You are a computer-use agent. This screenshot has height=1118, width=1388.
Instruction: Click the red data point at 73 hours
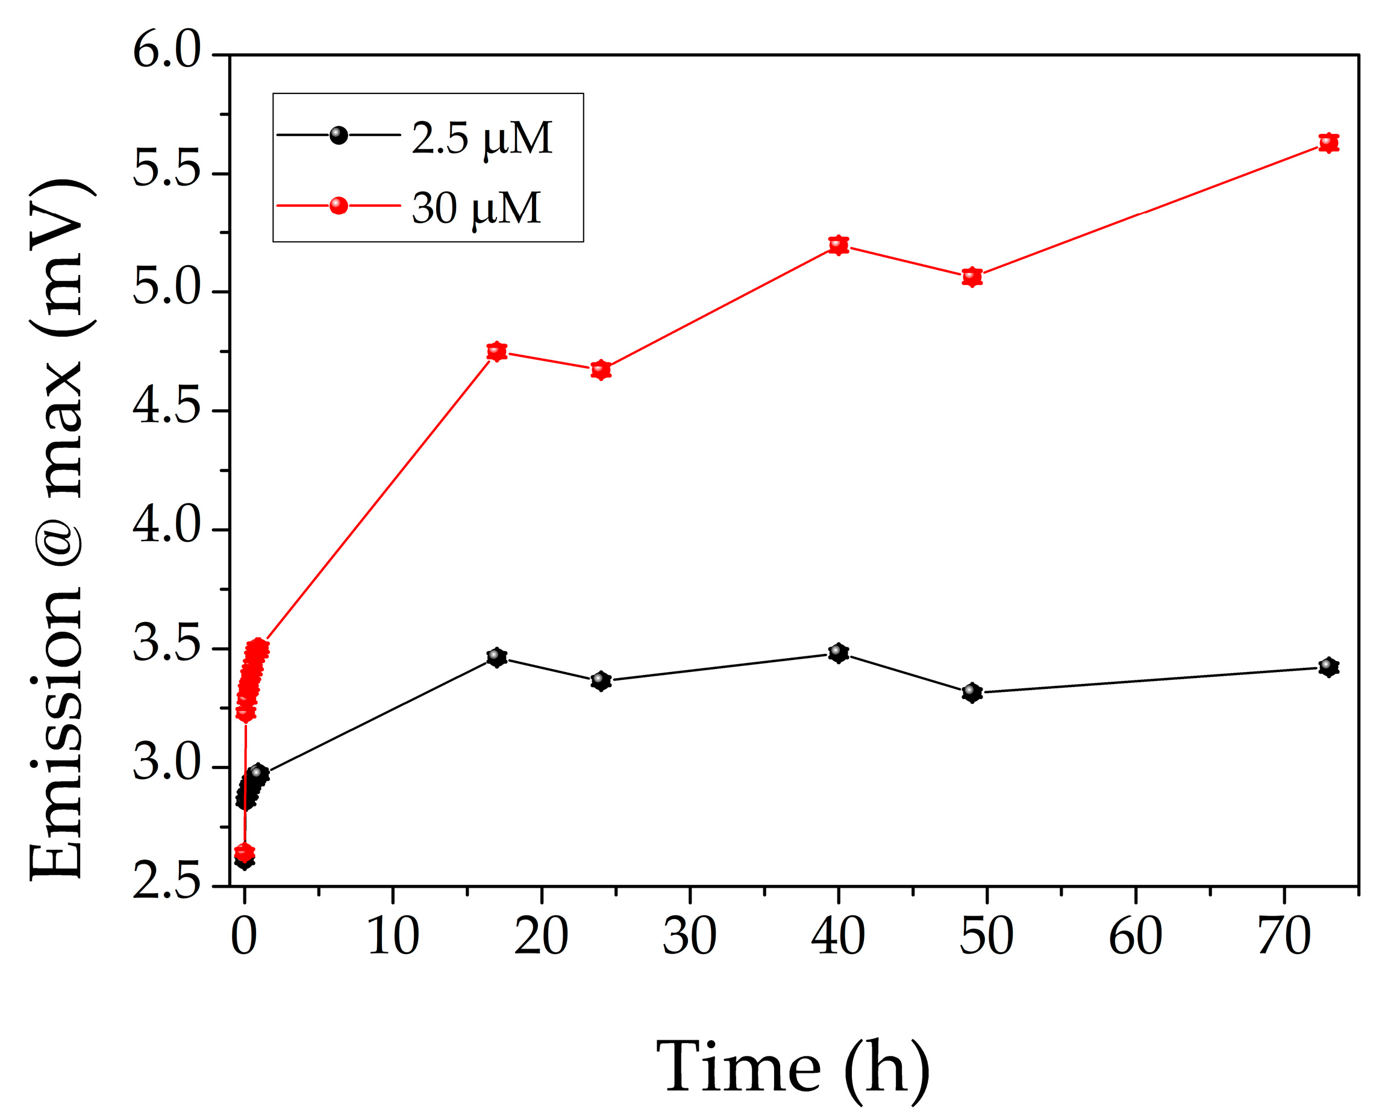point(1328,142)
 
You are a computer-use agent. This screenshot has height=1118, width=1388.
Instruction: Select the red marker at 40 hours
point(838,245)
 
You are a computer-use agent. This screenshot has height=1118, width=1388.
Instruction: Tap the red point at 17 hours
point(496,351)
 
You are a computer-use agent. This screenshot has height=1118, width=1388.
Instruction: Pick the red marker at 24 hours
point(601,369)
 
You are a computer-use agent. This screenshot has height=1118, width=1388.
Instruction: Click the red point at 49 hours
point(972,277)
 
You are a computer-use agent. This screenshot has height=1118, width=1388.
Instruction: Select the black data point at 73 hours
point(1328,667)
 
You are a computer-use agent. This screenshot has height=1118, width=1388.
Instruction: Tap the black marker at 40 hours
point(838,653)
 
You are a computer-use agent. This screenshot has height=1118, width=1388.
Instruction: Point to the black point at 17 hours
point(496,658)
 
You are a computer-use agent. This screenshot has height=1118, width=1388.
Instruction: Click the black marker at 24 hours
point(601,680)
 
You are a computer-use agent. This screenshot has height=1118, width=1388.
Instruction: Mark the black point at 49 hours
point(972,693)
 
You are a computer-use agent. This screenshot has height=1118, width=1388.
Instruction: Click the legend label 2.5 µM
point(481,138)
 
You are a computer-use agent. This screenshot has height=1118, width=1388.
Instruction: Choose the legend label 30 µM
point(476,209)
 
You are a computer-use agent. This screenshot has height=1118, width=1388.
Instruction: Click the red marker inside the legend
point(339,206)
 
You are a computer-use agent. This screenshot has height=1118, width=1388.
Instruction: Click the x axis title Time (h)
point(793,1067)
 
